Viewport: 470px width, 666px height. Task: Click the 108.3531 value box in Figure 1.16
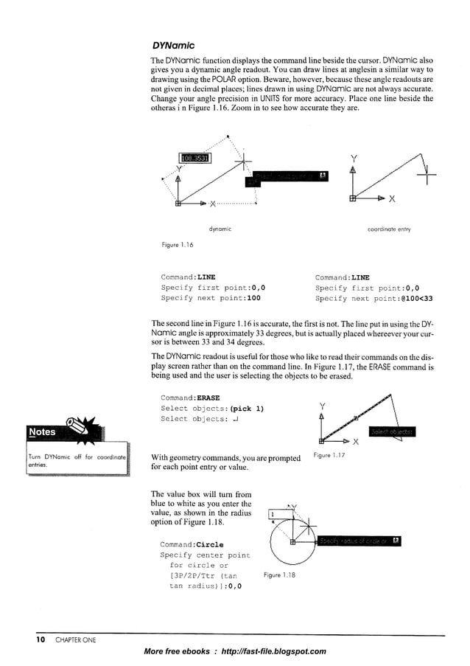[194, 157]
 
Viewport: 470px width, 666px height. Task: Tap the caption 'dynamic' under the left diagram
[220, 229]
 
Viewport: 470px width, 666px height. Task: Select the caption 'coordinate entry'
[388, 229]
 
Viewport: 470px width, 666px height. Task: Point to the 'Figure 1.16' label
[178, 244]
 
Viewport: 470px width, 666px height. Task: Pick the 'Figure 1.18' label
[279, 575]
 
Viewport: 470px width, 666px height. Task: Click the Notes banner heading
[42, 431]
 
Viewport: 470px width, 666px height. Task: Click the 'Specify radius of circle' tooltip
[359, 541]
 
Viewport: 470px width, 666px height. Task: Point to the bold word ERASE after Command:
[209, 398]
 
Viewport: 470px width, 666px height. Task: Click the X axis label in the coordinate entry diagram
[393, 198]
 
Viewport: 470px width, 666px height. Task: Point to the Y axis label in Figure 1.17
[322, 407]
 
